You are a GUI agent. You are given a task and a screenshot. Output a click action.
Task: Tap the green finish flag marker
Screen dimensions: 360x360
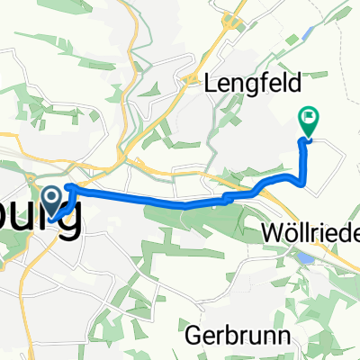pos(309,120)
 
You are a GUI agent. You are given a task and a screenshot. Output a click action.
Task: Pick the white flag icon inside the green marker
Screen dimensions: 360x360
pos(309,115)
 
